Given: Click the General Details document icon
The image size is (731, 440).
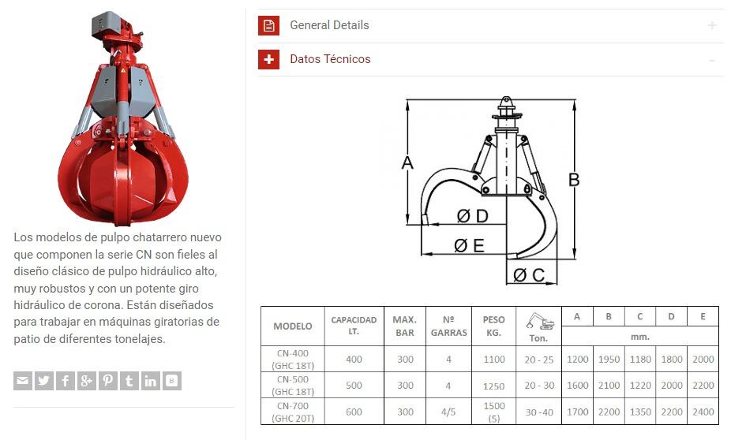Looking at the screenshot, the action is click(x=268, y=25).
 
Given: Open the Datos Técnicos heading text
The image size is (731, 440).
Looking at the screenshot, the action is click(x=330, y=59).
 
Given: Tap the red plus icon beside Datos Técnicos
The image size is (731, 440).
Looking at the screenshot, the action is click(x=268, y=59).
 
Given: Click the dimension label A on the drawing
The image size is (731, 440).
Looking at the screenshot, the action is click(x=407, y=163).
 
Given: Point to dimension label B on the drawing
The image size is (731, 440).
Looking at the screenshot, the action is click(x=574, y=180).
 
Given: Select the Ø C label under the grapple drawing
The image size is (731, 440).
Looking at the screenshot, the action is click(x=529, y=275).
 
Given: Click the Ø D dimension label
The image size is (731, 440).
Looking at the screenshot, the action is click(x=473, y=216).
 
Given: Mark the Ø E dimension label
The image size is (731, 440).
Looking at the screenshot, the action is click(x=470, y=245).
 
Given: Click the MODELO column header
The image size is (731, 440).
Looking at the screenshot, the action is click(x=293, y=326).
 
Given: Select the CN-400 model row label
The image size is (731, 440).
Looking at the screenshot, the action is click(x=293, y=360).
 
